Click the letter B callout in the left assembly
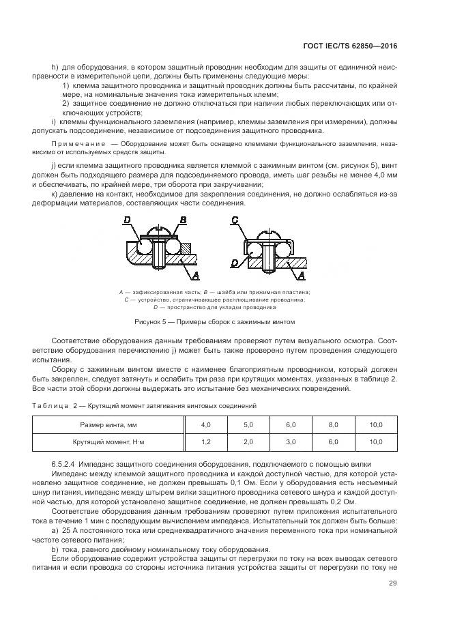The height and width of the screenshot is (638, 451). coord(182,220)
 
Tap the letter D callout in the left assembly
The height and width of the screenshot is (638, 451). coord(127,220)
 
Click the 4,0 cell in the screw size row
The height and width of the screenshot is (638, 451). coord(205,425)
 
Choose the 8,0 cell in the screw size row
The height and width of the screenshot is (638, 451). coord(333,425)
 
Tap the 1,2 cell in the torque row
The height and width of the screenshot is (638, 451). coord(205,442)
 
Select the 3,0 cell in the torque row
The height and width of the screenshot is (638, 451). coord(291,442)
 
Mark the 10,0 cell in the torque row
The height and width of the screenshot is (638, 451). coord(376,442)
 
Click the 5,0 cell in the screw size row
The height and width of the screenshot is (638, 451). coord(248,425)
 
